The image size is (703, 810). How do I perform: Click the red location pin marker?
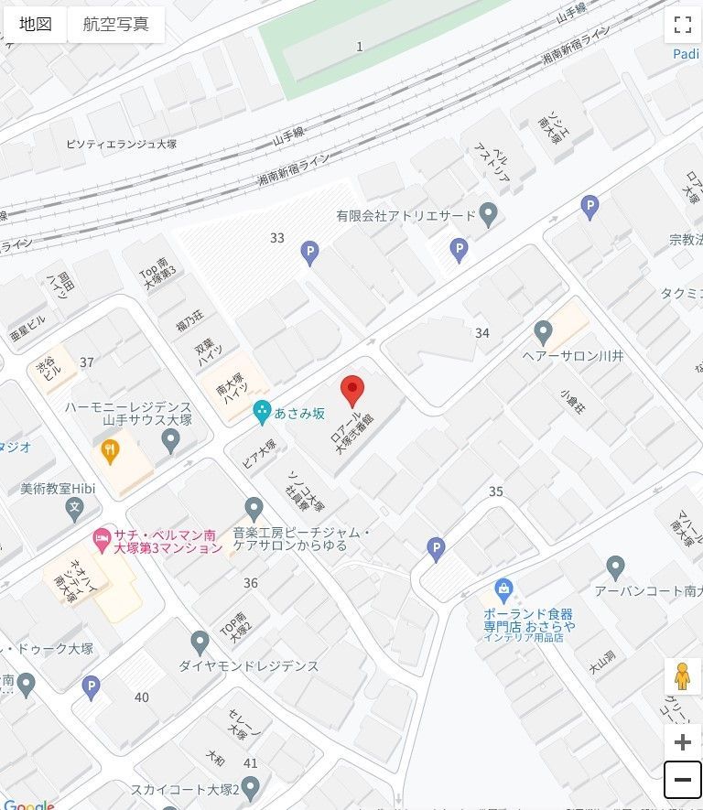pos(352,391)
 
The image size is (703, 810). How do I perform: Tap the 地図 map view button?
pos(36,25)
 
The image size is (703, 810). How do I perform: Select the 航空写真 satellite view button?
pos(115,25)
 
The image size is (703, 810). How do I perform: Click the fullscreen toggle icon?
pos(682,25)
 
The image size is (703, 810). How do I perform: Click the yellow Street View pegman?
pos(682,676)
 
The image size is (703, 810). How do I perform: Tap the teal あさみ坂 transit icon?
pos(262,413)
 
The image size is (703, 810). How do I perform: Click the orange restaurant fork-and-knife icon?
pos(110,448)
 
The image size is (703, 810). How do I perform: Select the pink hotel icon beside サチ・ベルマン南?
pos(101,535)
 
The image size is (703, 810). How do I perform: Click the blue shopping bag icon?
pos(503,588)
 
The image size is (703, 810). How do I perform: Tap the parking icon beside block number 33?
pos(310,253)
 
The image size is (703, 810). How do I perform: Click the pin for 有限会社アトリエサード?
pos(489,215)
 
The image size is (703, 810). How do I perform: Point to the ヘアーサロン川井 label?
pos(572,355)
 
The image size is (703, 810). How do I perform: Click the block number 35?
pos(496,491)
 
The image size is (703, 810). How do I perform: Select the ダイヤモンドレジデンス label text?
pos(249,666)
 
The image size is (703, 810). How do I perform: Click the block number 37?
pos(87,362)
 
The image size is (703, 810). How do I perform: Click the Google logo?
pos(28,805)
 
